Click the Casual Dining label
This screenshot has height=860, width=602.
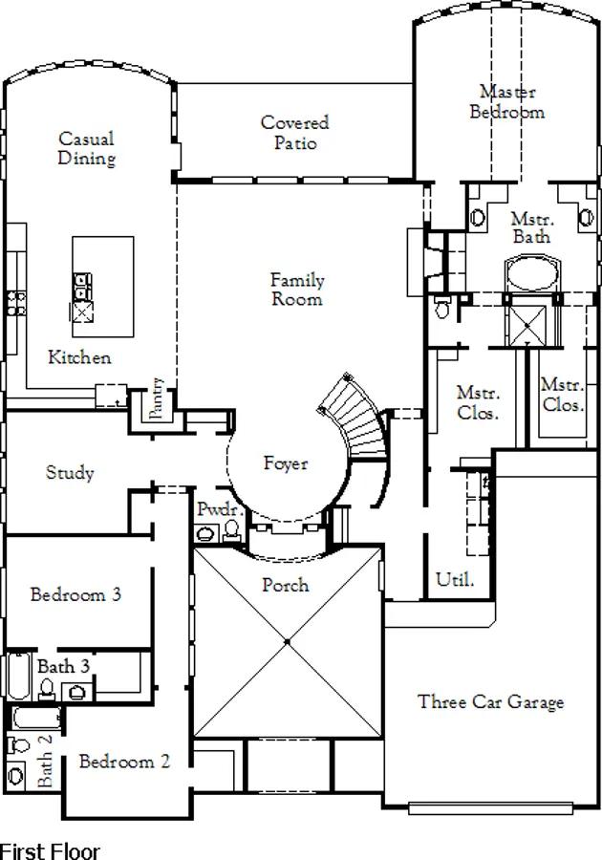[x=86, y=149]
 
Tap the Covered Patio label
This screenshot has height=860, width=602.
[x=295, y=133]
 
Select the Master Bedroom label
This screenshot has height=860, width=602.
[x=507, y=101]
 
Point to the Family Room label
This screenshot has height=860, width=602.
[x=296, y=290]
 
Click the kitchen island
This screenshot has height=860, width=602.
[x=102, y=286]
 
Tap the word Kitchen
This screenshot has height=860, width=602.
[x=80, y=357]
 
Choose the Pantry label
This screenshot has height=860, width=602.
[x=159, y=398]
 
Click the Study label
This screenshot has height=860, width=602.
[x=70, y=472]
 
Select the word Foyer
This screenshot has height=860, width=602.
[x=286, y=463]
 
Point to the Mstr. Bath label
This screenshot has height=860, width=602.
[x=531, y=226]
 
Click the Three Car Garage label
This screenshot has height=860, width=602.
[x=490, y=702]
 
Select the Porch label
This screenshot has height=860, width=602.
[x=286, y=584]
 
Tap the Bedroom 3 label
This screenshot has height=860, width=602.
[x=75, y=594]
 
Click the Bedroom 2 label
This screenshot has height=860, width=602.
[x=124, y=762]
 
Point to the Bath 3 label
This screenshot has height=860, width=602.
[x=64, y=665]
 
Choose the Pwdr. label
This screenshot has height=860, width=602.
[x=212, y=509]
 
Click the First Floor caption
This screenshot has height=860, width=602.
[x=50, y=849]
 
